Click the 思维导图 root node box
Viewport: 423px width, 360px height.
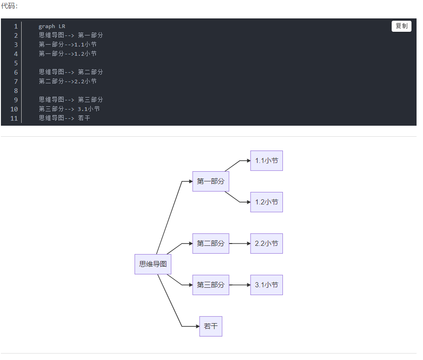pos(153,264)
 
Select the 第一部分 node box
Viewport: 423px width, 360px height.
pos(211,181)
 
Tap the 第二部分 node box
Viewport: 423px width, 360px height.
pos(211,244)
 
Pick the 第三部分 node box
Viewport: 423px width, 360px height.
pos(211,285)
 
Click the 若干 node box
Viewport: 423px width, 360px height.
pos(211,326)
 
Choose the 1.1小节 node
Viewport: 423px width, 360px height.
pos(266,161)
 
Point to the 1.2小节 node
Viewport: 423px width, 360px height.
pos(266,202)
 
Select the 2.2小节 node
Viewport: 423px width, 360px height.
pos(266,244)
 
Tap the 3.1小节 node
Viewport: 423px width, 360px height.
pos(266,285)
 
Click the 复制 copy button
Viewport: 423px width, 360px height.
pos(401,26)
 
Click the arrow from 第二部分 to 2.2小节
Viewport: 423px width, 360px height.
pos(240,244)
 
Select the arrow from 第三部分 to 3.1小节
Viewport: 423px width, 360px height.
pos(240,285)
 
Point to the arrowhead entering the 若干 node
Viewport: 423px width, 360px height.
pos(197,326)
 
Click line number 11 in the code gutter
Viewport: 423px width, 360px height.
pos(13,118)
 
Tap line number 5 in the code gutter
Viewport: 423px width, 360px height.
pos(15,63)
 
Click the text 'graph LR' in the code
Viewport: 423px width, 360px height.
pos(52,26)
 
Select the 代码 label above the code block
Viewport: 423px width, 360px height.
pos(9,6)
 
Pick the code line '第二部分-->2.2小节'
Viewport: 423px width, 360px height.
pos(68,81)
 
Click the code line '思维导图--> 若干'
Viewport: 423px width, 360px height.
pos(65,118)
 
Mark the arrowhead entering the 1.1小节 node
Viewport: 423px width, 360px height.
pos(248,161)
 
